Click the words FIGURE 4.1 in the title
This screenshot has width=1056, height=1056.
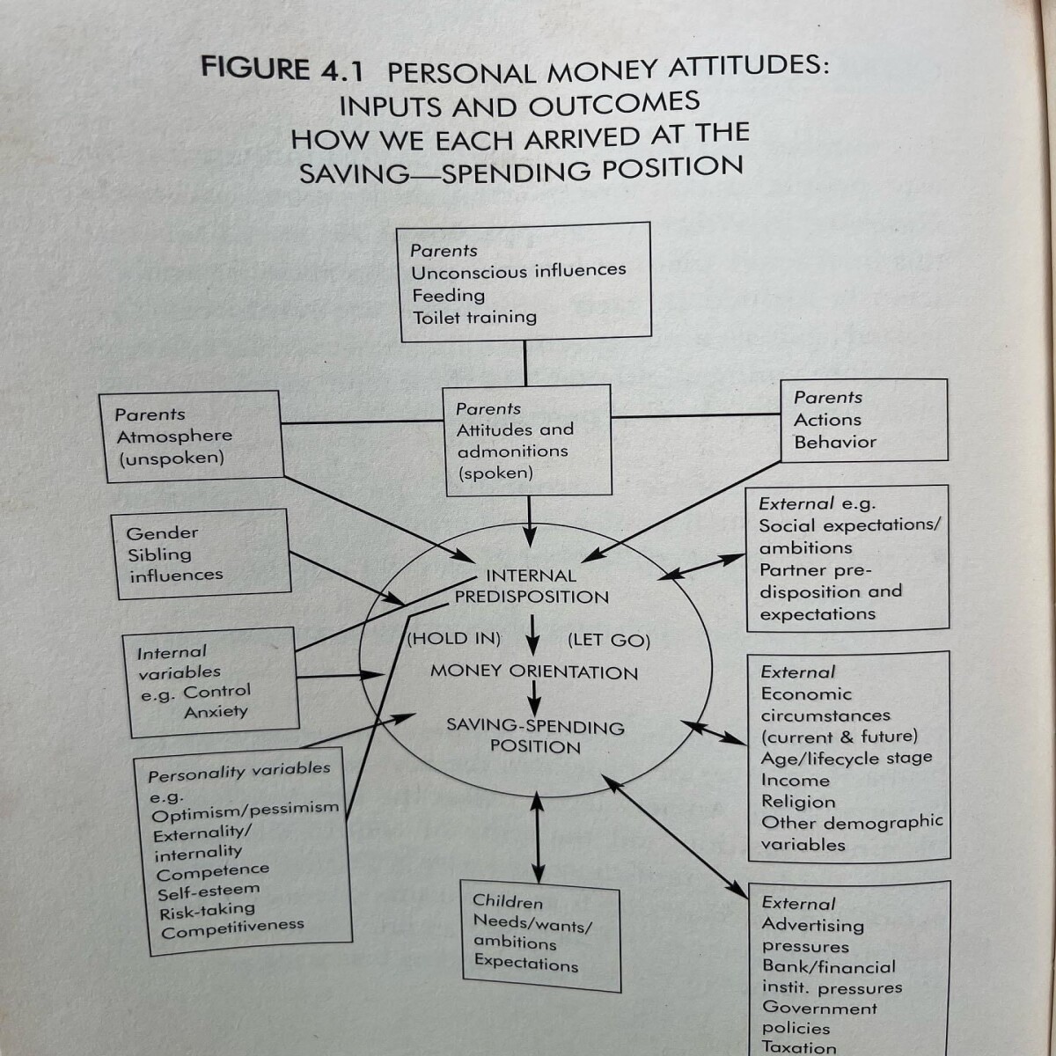[x=282, y=70]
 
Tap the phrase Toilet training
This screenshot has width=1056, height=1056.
[x=474, y=318]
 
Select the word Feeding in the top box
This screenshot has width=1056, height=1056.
[x=448, y=296]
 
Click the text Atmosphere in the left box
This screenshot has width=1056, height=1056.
[x=174, y=436]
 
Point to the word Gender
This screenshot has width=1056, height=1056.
[x=162, y=533]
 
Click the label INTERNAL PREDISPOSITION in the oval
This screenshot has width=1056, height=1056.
[x=532, y=586]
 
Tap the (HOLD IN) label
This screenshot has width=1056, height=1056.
[x=454, y=638]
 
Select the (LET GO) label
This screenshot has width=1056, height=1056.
[x=608, y=640]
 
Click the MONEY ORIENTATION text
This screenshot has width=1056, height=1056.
[x=534, y=671]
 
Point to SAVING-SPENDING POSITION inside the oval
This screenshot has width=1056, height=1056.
[x=535, y=736]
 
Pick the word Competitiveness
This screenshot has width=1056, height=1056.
[x=232, y=928]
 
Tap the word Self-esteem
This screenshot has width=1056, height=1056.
[x=209, y=891]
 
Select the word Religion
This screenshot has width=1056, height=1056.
[x=798, y=802]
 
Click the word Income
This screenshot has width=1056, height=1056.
[x=796, y=780]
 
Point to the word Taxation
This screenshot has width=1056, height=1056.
[x=799, y=1046]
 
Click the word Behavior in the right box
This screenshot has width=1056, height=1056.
[x=835, y=443]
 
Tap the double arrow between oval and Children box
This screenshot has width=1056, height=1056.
[x=538, y=838]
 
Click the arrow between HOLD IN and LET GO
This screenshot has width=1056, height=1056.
[x=532, y=635]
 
